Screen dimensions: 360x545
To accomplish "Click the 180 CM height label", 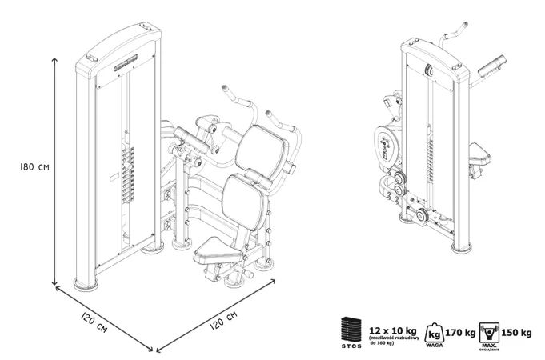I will coord(26,169).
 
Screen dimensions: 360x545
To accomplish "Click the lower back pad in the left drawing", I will coord(242,196).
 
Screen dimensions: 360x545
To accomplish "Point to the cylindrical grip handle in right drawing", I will coord(495,60).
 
